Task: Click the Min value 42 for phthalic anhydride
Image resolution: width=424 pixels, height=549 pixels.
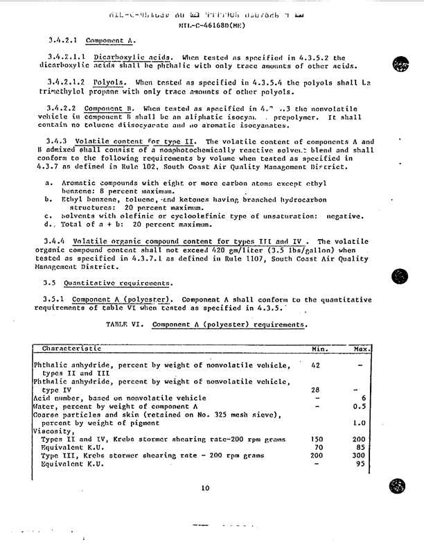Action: click(x=316, y=364)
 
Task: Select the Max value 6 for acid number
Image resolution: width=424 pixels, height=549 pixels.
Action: click(x=364, y=398)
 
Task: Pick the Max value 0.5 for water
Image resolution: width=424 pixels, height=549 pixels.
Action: click(x=360, y=406)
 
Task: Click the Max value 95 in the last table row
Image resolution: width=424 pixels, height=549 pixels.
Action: click(x=360, y=464)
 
